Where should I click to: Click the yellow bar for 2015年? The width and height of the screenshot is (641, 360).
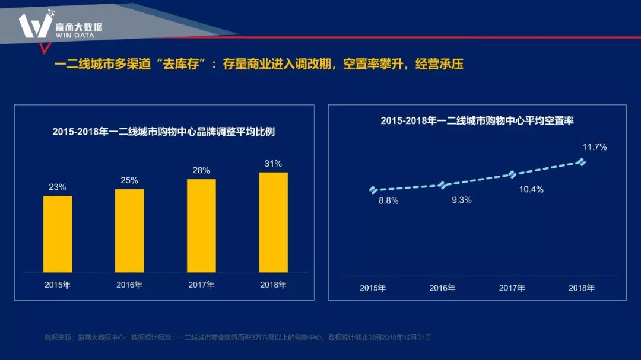point(58,234)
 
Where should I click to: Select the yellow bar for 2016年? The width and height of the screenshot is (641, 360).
point(129,231)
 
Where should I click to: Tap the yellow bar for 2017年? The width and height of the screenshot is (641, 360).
point(201,225)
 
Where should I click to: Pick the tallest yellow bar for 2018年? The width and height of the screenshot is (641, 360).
point(273,222)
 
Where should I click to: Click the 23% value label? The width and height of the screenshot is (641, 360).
point(58,187)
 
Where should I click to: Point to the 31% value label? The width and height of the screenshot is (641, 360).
point(273,164)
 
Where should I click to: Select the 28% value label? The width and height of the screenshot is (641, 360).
point(201,170)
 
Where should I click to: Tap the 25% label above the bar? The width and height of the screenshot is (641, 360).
point(129,180)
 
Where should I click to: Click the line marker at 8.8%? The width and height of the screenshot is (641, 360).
point(373,190)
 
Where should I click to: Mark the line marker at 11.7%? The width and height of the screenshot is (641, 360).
point(582,162)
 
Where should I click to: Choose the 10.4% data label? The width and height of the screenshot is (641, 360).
point(531,190)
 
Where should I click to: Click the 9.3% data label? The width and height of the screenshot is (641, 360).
point(461,200)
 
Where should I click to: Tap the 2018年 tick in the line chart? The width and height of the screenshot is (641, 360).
point(582,288)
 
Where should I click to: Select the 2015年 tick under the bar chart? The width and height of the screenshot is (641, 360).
point(58,285)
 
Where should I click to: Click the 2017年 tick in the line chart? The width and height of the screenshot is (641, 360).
point(512,288)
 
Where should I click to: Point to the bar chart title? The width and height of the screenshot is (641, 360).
point(163,132)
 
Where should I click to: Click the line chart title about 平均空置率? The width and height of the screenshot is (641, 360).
point(477,120)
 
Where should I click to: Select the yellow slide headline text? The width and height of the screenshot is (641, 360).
point(259,64)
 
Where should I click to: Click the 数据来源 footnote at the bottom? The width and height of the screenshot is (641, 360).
point(237,337)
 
